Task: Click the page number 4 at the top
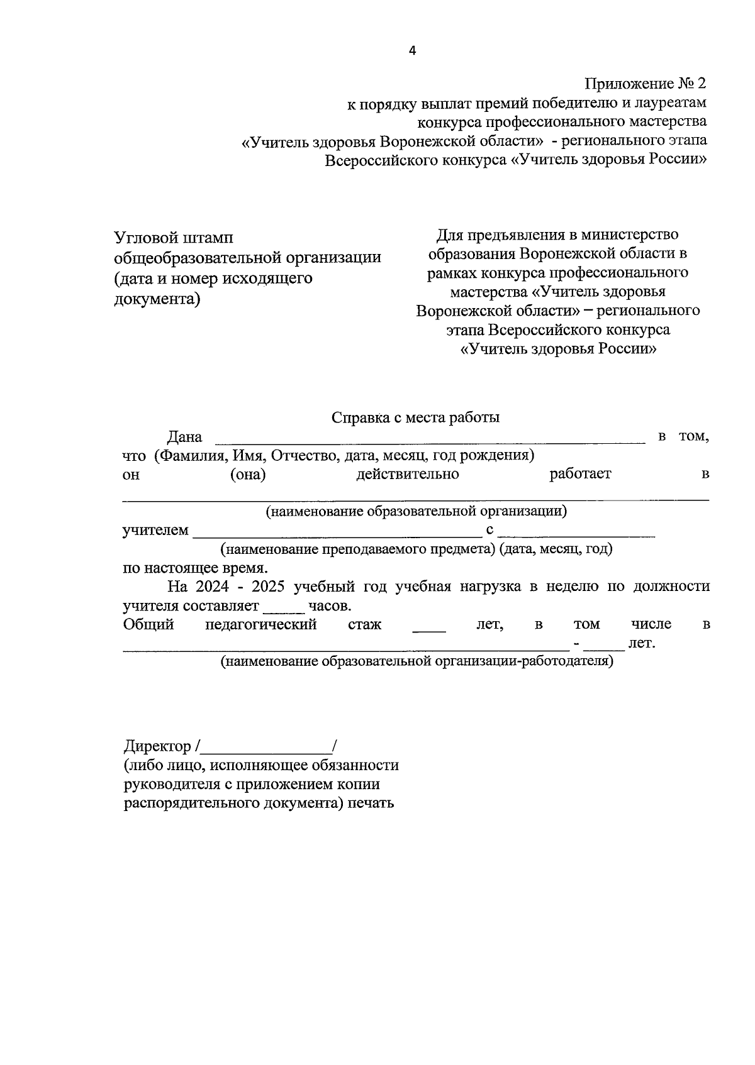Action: [x=413, y=52]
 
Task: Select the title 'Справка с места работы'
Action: [x=415, y=417]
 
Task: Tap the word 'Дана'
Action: [x=184, y=437]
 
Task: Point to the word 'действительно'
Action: [x=407, y=474]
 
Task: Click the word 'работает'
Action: [x=579, y=474]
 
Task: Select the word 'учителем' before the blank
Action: [x=155, y=530]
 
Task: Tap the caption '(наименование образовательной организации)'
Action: [x=416, y=511]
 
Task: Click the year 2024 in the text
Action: [x=213, y=587]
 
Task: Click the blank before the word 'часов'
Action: [x=284, y=610]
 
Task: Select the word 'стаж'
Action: [x=364, y=624]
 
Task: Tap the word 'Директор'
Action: [x=157, y=746]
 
